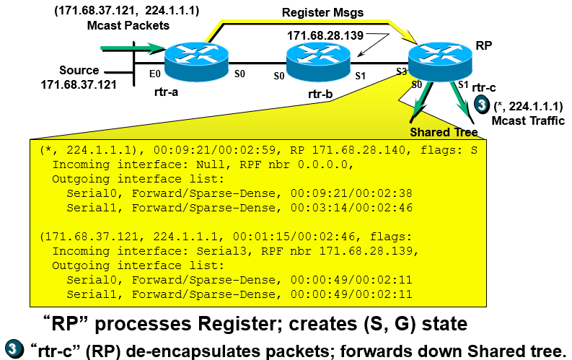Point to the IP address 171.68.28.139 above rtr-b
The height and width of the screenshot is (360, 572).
pos(325,35)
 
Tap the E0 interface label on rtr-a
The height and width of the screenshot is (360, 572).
pos(154,74)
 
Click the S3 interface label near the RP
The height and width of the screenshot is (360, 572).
pos(402,72)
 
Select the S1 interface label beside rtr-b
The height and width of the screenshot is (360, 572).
pos(361,74)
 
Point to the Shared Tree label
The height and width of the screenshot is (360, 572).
pos(444,132)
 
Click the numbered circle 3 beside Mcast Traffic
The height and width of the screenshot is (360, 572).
pos(482,105)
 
